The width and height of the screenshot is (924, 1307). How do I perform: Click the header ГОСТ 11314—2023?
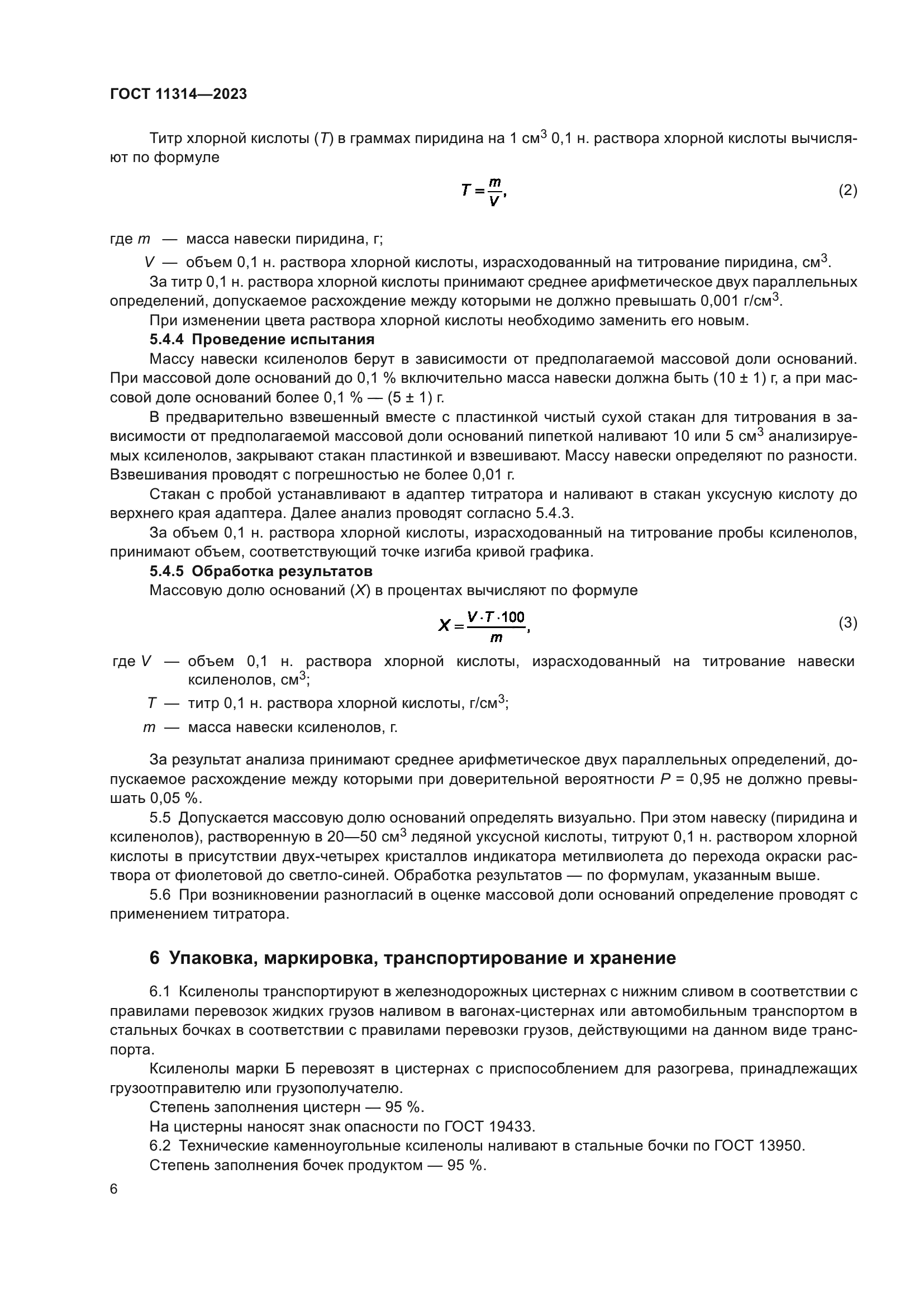(178, 94)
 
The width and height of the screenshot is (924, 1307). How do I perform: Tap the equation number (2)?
(847, 190)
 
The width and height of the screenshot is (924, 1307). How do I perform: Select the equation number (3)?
(847, 622)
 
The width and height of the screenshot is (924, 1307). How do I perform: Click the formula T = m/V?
(483, 192)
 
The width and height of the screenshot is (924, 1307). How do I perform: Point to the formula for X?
(484, 625)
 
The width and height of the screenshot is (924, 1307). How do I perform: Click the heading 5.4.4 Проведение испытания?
(261, 340)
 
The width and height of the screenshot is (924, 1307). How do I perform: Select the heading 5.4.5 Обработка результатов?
(260, 571)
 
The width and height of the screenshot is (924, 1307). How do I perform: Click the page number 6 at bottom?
(114, 1189)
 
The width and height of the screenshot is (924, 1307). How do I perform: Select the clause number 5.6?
(160, 895)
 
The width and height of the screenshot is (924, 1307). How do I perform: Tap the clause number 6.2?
(160, 1146)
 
